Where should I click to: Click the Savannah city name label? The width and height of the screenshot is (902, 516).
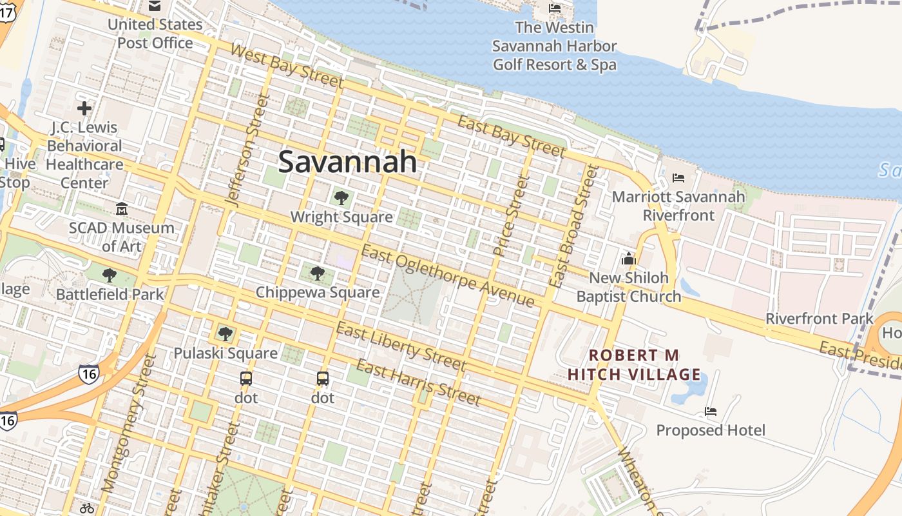click(348, 161)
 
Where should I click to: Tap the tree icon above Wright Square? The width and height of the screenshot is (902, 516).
click(341, 198)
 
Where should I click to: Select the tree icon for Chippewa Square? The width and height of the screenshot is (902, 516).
click(317, 273)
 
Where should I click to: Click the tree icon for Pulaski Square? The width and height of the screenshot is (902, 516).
click(225, 334)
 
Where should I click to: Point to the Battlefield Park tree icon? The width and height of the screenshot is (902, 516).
click(110, 275)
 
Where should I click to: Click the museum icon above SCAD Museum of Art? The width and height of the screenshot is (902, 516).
click(122, 208)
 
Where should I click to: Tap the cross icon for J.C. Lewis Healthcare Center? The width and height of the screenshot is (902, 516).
click(84, 108)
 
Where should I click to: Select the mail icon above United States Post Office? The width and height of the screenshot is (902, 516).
click(155, 6)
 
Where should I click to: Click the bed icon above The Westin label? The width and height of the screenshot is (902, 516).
click(554, 8)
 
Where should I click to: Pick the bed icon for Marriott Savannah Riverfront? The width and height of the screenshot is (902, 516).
click(678, 178)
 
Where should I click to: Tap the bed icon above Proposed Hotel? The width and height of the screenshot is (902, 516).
click(711, 412)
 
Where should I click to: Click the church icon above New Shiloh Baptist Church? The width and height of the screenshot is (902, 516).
click(628, 259)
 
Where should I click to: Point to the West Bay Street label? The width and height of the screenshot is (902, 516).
click(287, 66)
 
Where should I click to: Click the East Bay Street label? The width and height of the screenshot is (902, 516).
click(511, 136)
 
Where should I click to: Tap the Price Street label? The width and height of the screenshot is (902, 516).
click(510, 215)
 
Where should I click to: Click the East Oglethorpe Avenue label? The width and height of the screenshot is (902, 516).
click(448, 277)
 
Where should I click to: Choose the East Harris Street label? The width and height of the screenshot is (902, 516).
click(418, 383)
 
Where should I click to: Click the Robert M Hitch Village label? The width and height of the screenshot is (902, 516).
click(634, 365)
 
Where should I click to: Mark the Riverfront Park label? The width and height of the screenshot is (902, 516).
click(819, 319)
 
